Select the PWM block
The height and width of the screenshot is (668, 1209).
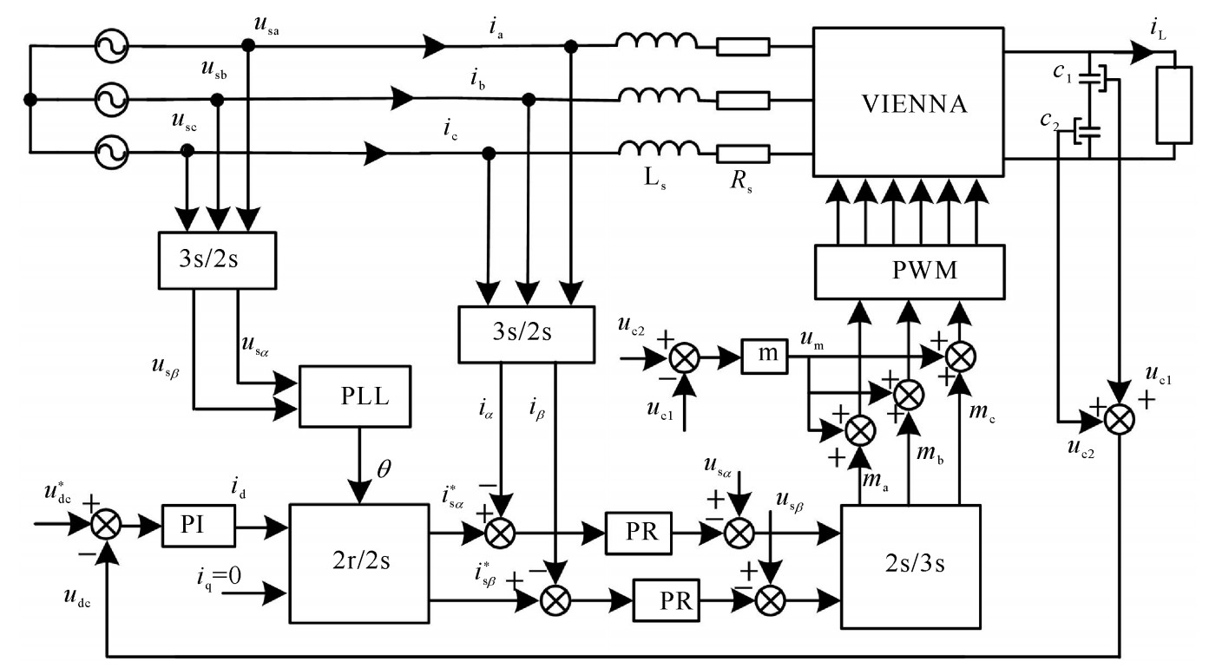pos(906,271)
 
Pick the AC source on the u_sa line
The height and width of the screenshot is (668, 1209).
pos(111,43)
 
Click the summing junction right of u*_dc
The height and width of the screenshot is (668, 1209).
pos(107,524)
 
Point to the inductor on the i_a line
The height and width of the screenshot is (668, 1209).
pos(656,43)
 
